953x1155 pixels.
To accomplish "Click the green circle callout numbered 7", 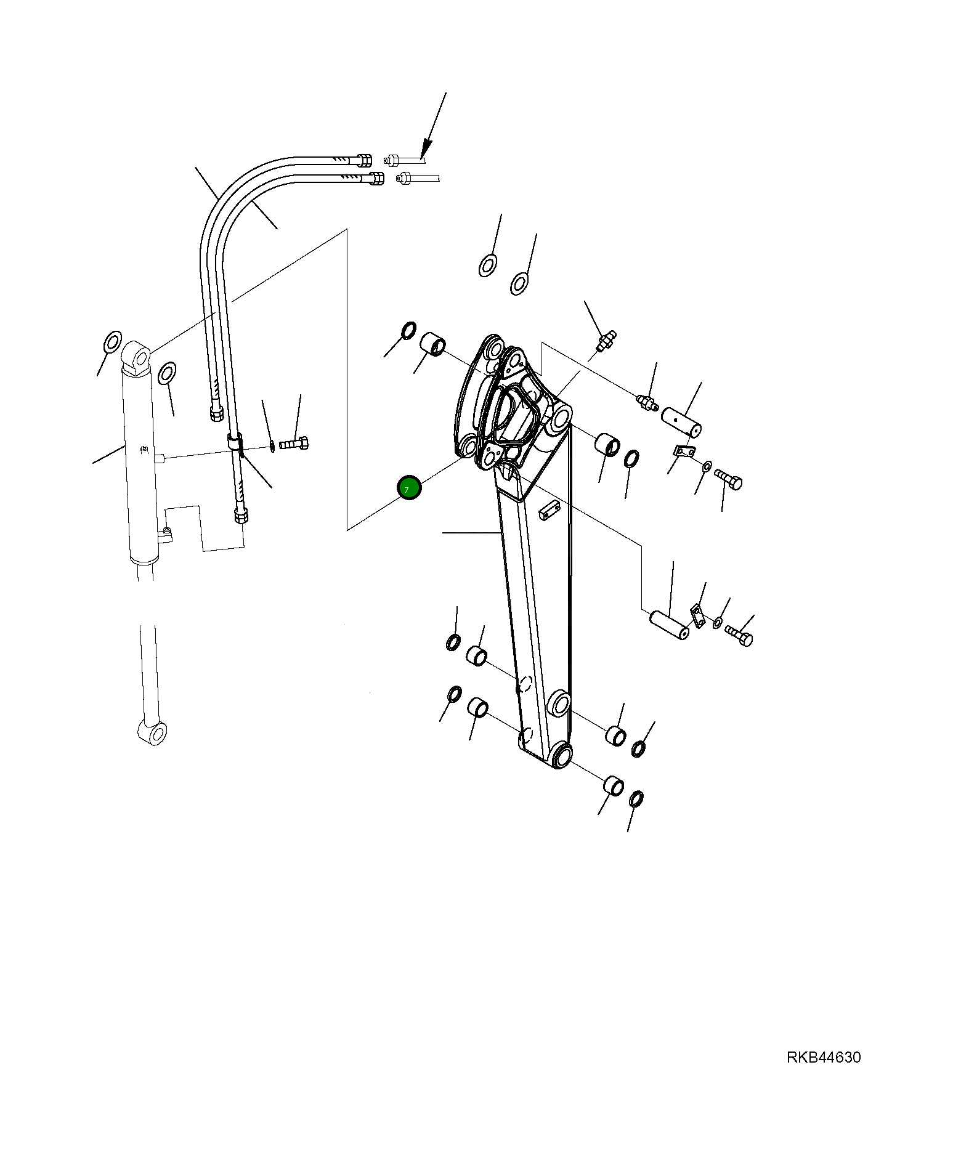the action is coord(409,488).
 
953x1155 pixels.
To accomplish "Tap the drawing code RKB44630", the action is coord(824,1057).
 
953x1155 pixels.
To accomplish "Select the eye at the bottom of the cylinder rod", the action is coord(152,732).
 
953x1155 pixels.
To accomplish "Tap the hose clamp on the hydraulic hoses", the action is coord(235,442).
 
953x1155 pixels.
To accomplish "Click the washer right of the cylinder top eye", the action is coord(166,373).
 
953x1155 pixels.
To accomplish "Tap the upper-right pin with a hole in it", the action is coord(681,421).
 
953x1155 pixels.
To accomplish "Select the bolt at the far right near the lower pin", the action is coord(739,635).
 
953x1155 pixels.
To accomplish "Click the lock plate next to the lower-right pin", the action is coord(697,615).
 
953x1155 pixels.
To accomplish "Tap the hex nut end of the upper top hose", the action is coord(364,160).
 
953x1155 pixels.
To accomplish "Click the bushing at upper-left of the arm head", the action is coord(433,343).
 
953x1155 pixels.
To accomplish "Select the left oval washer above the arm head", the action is coord(488,265).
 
